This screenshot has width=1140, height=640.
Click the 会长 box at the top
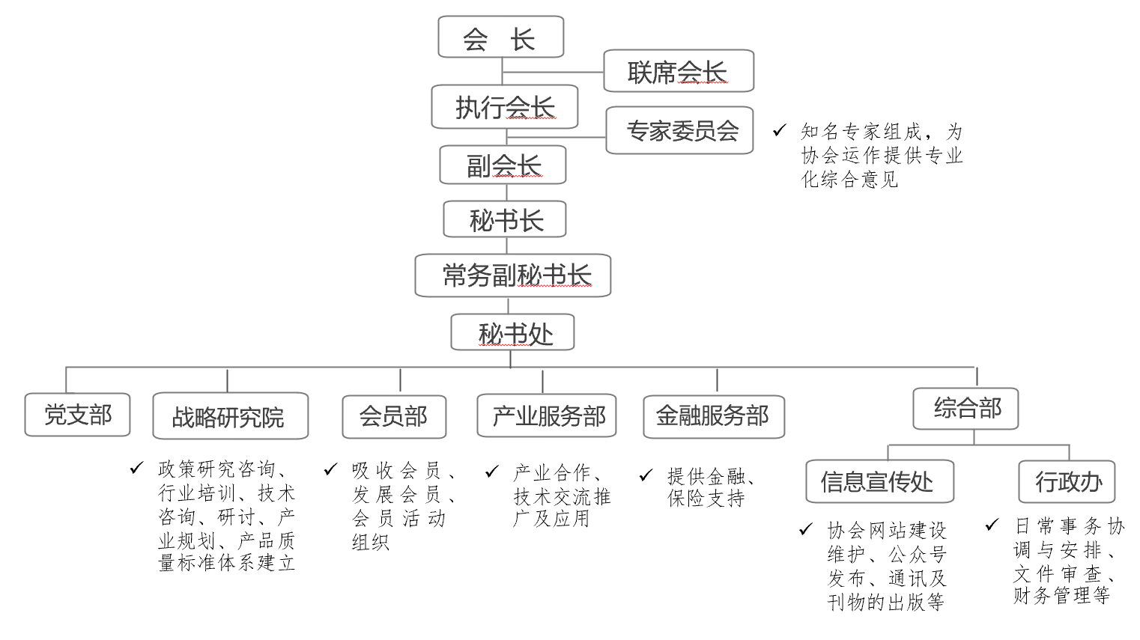(501, 37)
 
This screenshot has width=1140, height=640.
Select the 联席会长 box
(679, 70)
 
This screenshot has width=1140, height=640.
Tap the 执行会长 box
(504, 107)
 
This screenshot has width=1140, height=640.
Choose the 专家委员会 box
(679, 130)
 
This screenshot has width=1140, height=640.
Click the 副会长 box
(503, 165)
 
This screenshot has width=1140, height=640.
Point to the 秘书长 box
(504, 219)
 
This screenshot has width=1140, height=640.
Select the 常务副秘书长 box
(512, 275)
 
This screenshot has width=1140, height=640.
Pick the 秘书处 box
(512, 332)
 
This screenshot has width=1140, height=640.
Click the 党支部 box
(77, 415)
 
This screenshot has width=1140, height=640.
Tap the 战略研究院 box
(231, 415)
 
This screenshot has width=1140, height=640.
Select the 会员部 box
(394, 417)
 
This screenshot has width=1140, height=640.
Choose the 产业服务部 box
(547, 415)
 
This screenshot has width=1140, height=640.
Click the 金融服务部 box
(714, 417)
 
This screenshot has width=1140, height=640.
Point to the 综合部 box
(965, 409)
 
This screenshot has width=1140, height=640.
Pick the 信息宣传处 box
(879, 481)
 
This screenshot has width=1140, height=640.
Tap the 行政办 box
(1067, 481)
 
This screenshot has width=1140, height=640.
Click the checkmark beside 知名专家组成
(779, 131)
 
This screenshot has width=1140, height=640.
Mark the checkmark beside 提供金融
(646, 475)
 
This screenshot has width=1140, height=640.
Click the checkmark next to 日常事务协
(992, 525)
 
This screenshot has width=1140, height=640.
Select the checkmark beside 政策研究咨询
(136, 468)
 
